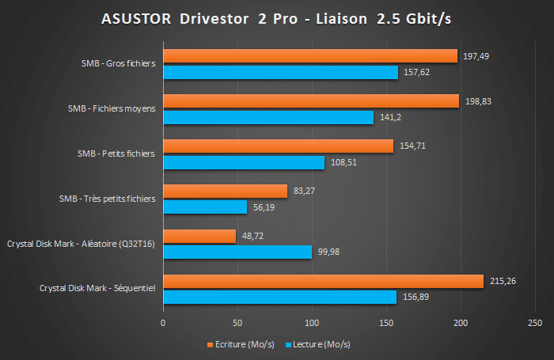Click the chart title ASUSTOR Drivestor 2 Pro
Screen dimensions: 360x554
(276, 18)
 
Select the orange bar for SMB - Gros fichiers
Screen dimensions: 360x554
(310, 55)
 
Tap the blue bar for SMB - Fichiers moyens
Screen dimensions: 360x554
(268, 117)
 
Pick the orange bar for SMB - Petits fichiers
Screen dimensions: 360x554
(278, 146)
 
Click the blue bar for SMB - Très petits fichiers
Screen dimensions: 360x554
(205, 207)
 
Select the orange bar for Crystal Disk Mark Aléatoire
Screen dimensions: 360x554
(199, 236)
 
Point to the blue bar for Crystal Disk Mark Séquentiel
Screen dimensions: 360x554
(279, 297)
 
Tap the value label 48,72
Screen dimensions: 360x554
(253, 236)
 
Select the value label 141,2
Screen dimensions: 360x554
(389, 117)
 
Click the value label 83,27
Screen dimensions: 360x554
(305, 191)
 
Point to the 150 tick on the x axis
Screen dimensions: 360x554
(386, 323)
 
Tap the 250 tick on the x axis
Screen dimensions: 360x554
(534, 323)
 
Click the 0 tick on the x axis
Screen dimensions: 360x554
(164, 323)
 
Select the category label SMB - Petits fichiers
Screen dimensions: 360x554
(116, 153)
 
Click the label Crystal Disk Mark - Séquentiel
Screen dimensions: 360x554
(98, 289)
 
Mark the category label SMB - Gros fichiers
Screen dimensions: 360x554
(117, 63)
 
